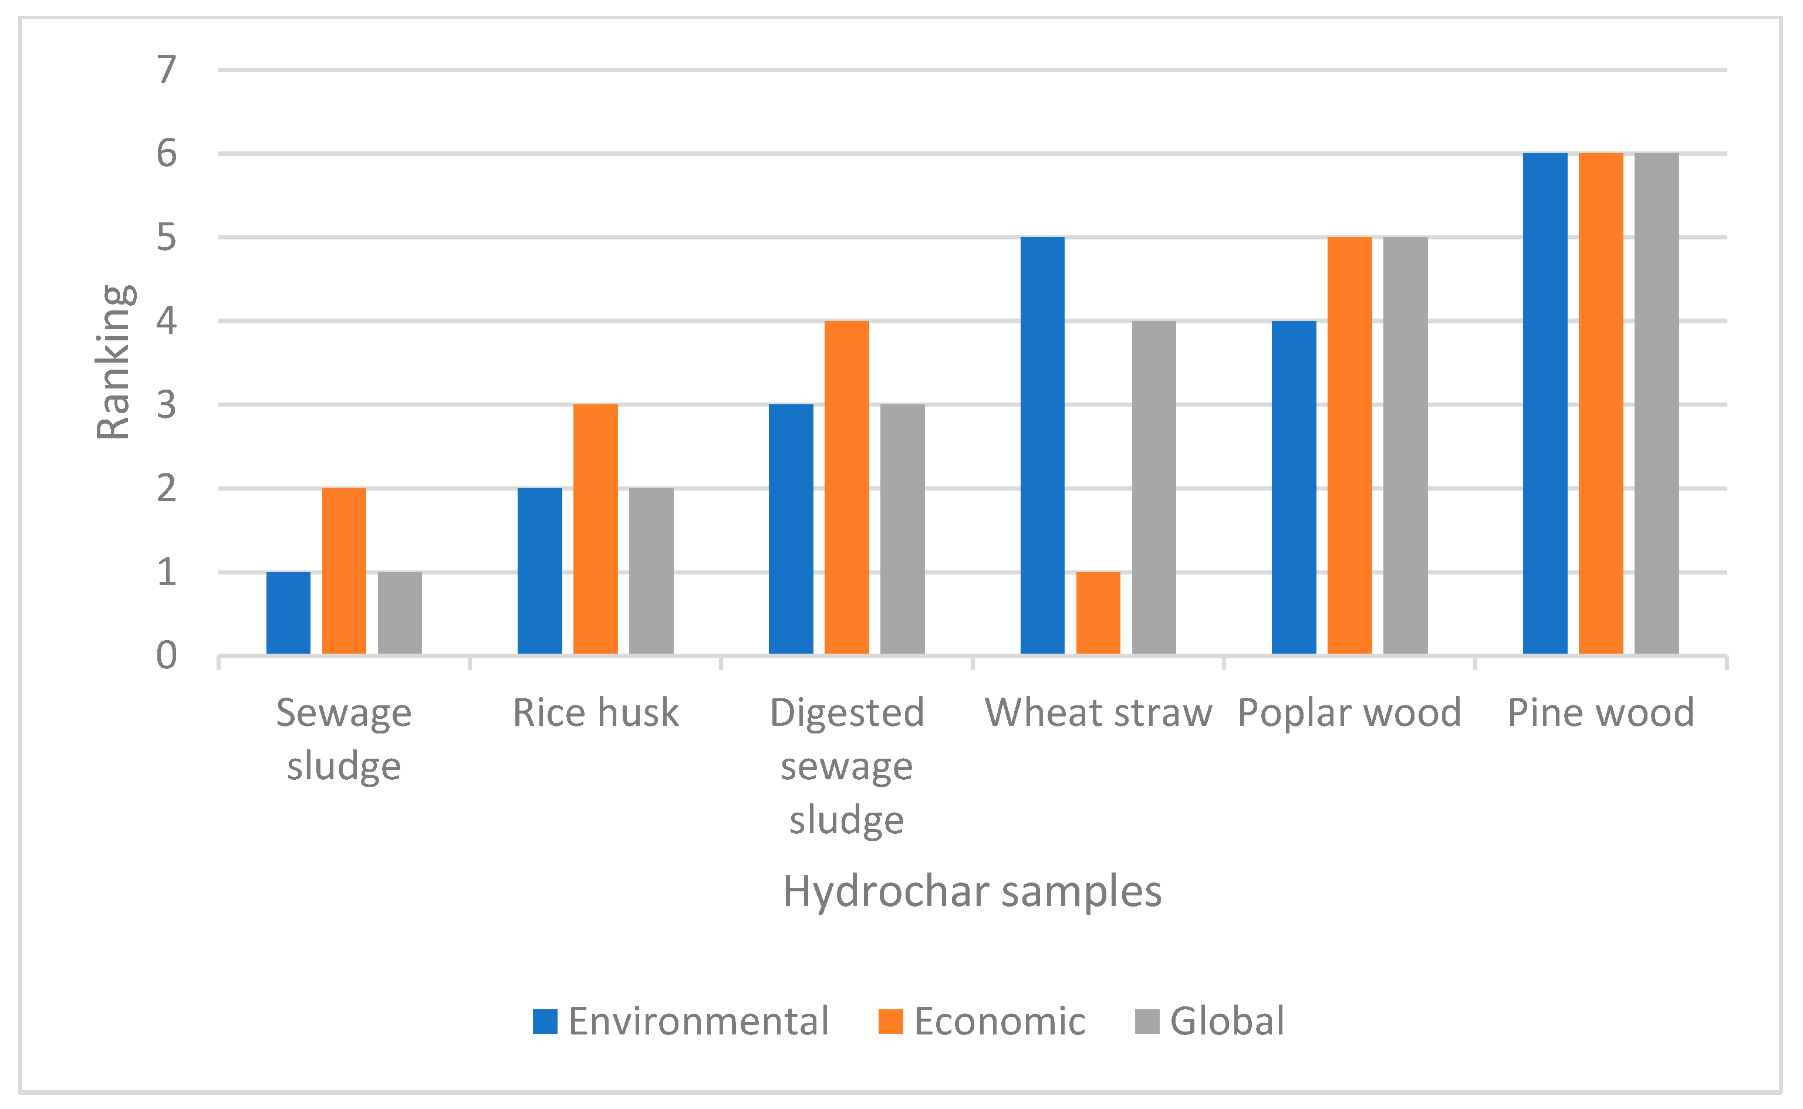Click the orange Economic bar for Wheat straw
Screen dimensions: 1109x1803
point(1098,613)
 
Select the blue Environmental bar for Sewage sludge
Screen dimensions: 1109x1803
point(288,613)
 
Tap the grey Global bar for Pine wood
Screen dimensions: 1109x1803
point(1656,404)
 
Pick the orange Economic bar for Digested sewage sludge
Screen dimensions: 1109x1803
point(846,487)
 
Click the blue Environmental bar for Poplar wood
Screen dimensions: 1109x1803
point(1294,487)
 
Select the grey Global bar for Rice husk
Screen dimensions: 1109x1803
point(651,570)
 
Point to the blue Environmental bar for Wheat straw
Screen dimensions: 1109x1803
point(1042,445)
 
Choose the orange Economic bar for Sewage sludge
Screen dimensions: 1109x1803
point(344,570)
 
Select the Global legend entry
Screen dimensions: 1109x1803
point(1210,1021)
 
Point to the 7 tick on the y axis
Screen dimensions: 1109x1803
point(167,70)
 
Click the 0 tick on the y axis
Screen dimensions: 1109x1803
point(167,655)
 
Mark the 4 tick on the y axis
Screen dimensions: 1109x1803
point(167,320)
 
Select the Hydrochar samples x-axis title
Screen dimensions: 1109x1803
point(973,892)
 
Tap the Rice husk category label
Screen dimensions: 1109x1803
point(596,713)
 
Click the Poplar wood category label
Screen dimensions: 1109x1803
point(1350,713)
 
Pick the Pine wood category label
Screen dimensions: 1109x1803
point(1601,713)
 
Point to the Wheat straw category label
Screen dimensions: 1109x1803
point(1098,713)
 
